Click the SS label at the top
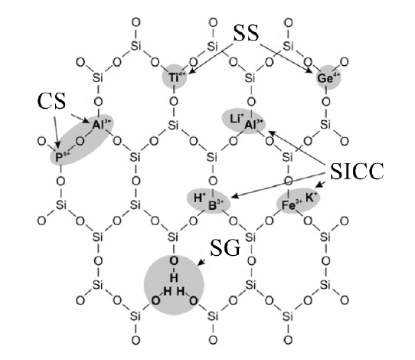246,33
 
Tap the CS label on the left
51,101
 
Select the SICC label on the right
358,172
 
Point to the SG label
225,248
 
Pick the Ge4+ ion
328,78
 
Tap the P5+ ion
62,157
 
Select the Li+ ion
237,119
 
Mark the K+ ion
312,197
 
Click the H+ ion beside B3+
199,198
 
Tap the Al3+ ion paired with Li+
253,124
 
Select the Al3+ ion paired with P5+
101,124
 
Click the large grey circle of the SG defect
174,285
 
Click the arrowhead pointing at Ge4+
309,70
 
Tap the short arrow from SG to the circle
202,262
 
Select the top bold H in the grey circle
174,278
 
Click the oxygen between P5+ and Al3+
80,141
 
